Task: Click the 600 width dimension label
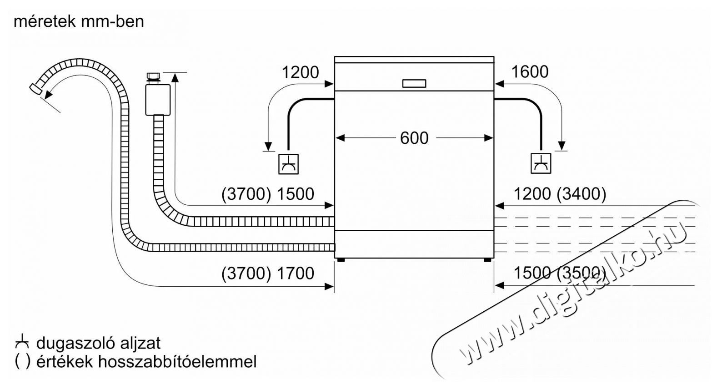pos(414,138)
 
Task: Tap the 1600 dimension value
pos(530,72)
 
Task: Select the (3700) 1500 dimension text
pos(268,194)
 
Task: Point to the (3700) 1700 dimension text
pos(268,274)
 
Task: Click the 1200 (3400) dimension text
pos(560,194)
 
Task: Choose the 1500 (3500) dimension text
pos(560,274)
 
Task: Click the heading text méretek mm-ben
pos(79,22)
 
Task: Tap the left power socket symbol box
pos(288,164)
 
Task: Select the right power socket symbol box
pos(541,163)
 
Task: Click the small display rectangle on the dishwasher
pos(414,83)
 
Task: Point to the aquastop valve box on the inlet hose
pos(158,100)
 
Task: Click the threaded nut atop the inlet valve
pos(154,78)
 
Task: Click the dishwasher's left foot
pos(341,260)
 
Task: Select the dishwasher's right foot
pos(487,260)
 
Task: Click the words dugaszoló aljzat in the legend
pos(99,343)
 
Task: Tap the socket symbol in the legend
pos(22,342)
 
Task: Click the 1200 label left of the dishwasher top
pos(301,72)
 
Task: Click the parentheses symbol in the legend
pos(23,362)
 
